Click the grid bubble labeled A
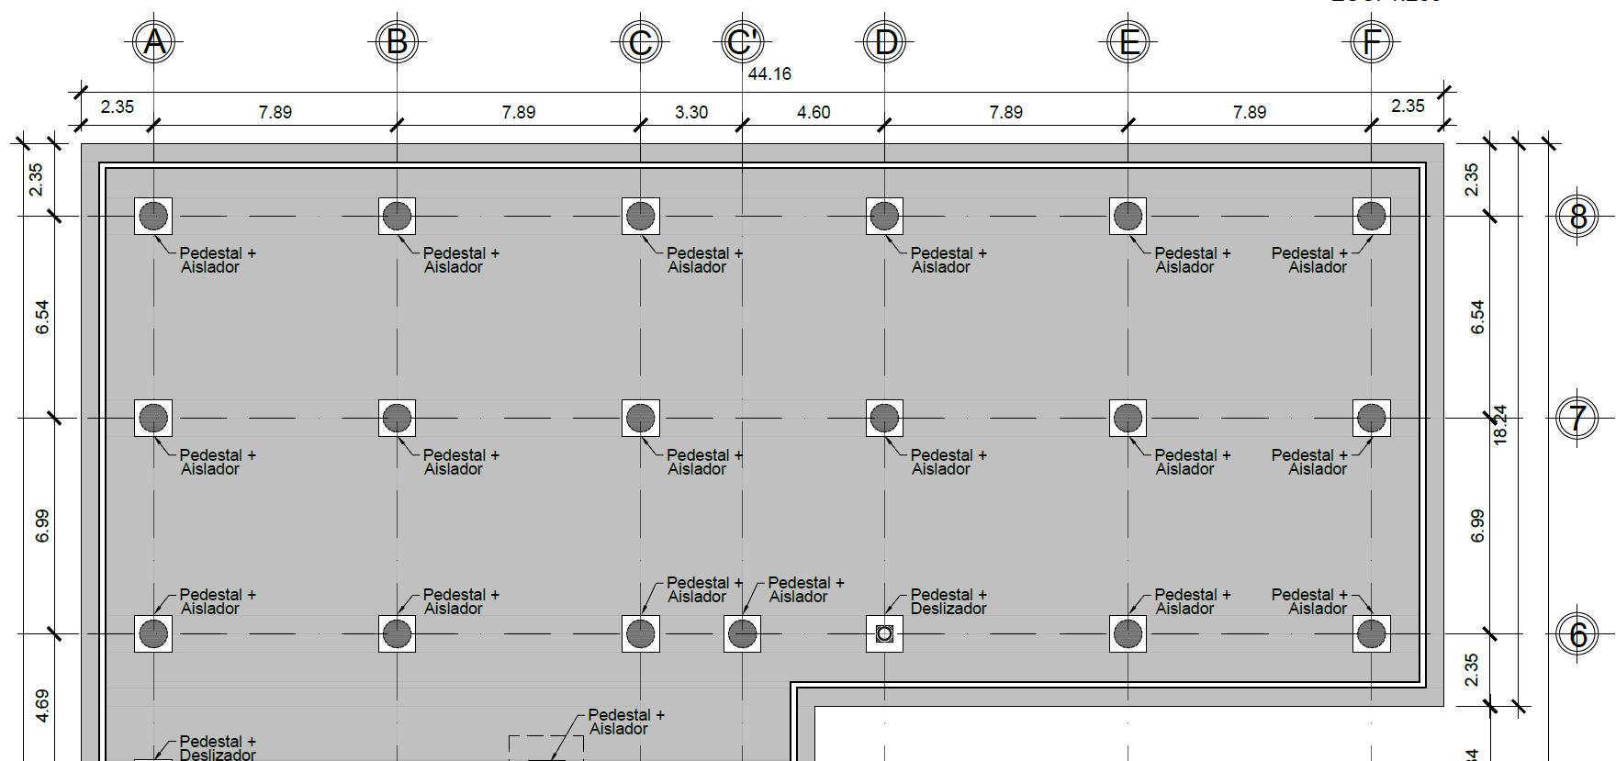[x=153, y=41]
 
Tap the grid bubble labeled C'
[x=742, y=41]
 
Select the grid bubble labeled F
[x=1371, y=41]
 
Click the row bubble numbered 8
[x=1578, y=217]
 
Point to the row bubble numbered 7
[x=1578, y=419]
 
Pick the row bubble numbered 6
[x=1578, y=634]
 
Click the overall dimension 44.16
[x=769, y=73]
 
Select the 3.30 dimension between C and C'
[x=690, y=112]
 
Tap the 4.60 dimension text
[x=813, y=112]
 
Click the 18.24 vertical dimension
[x=1500, y=425]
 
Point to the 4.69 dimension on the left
[x=42, y=705]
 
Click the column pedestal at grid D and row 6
[x=884, y=633]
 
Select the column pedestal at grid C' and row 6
[x=742, y=633]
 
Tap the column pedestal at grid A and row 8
[x=153, y=216]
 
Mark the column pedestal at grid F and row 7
[x=1371, y=418]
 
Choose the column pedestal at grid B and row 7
[x=397, y=418]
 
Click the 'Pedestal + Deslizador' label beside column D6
[x=948, y=601]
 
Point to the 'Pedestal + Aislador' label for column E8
[x=1192, y=260]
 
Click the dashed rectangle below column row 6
[x=545, y=747]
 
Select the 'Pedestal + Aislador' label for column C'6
[x=805, y=589]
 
